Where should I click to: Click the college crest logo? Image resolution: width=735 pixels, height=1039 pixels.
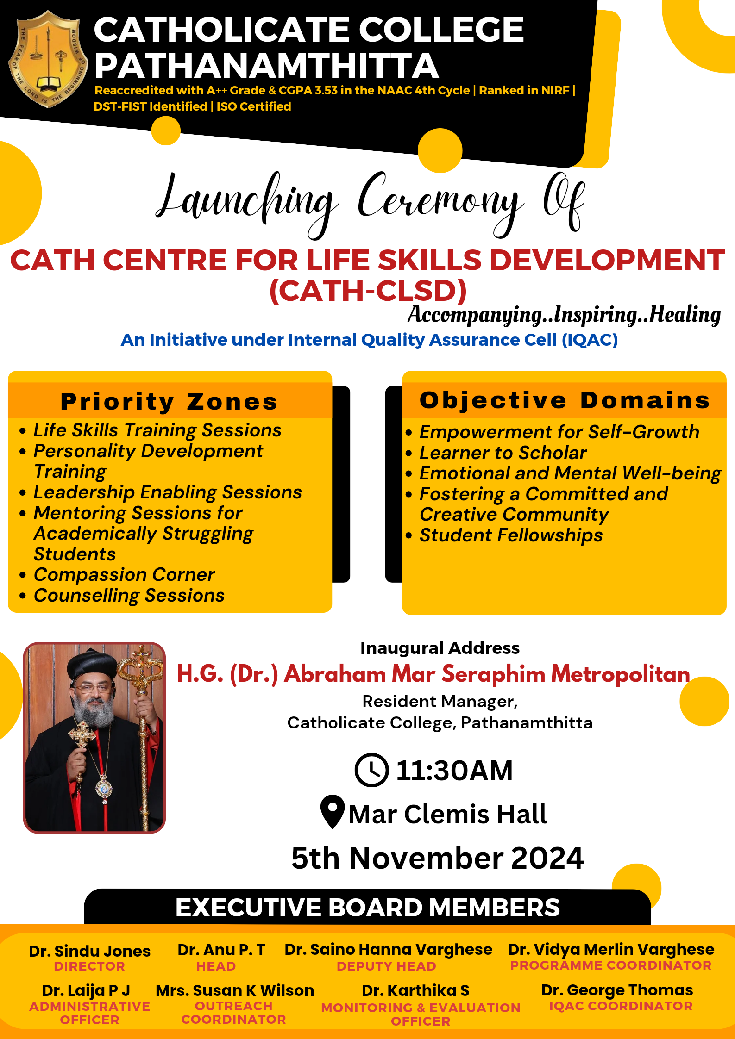click(x=48, y=59)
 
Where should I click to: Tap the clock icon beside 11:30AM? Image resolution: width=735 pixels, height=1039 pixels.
click(x=371, y=770)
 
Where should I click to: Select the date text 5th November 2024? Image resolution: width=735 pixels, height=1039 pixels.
click(x=438, y=858)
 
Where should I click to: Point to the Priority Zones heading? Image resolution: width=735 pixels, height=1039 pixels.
click(x=170, y=401)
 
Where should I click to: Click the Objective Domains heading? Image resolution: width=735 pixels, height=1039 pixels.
click(x=565, y=400)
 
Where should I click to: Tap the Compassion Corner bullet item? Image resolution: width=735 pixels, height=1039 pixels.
click(x=124, y=574)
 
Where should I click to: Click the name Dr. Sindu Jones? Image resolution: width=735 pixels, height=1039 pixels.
click(x=89, y=951)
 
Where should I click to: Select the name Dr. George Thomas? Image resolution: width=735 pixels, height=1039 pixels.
click(x=617, y=990)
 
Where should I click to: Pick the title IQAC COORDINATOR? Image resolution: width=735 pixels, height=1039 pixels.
click(x=621, y=1006)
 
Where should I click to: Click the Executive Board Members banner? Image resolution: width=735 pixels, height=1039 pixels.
click(x=368, y=907)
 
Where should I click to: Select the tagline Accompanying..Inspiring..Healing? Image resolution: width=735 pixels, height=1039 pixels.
click(x=564, y=315)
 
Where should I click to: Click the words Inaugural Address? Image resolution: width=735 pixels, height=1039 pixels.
click(x=440, y=648)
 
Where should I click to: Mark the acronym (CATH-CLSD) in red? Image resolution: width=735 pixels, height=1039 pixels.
click(x=368, y=291)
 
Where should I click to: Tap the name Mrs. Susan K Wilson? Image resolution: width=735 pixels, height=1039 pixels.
click(x=235, y=990)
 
